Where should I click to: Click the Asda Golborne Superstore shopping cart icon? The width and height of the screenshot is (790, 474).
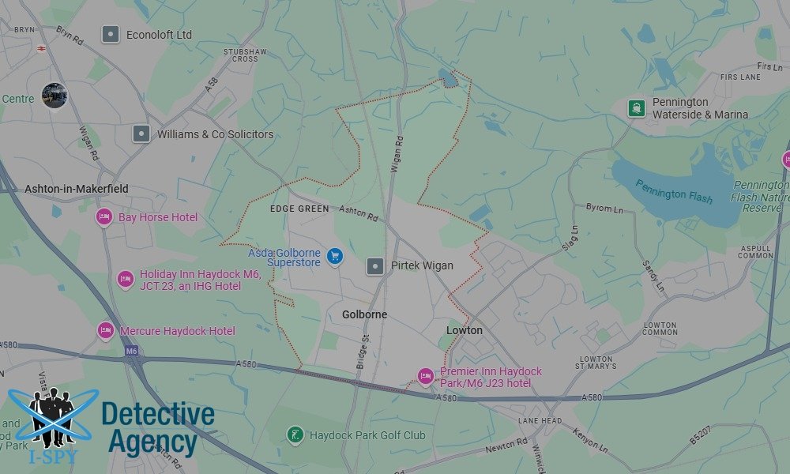(335, 255)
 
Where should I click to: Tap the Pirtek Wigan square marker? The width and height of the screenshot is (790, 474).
(374, 266)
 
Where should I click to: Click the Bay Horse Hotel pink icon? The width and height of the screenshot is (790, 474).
(104, 217)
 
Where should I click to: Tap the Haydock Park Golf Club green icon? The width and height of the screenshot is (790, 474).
(295, 435)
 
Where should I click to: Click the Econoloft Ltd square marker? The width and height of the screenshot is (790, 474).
(111, 35)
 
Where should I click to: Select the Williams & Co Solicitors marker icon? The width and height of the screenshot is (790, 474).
(141, 134)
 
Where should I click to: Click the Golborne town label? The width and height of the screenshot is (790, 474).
(364, 314)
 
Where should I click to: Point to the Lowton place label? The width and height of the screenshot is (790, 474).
(464, 330)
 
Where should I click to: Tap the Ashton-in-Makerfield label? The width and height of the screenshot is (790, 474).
(77, 190)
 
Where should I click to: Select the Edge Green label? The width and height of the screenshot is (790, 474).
(299, 209)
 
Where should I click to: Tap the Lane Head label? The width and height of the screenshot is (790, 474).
(541, 421)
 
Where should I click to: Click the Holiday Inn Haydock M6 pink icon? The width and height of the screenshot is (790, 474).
(126, 279)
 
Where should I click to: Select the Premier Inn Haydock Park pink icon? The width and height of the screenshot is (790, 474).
(426, 376)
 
